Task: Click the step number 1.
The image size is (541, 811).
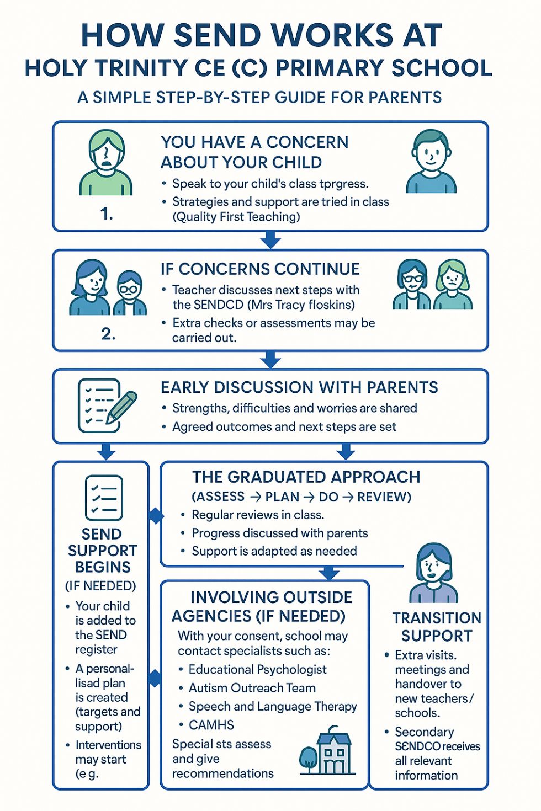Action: (x=107, y=214)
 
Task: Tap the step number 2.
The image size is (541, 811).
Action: (x=108, y=334)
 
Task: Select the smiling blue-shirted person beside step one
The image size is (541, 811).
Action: (x=431, y=162)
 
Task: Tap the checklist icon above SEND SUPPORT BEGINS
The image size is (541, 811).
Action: (x=104, y=498)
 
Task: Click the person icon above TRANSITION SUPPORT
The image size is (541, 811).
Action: (x=433, y=573)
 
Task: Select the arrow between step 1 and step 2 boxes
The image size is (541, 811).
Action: (x=270, y=241)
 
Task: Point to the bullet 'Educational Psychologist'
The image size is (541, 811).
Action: (x=257, y=669)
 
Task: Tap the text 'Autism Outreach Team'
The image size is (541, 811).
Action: (x=252, y=688)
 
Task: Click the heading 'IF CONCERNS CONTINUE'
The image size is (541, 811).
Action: (x=260, y=269)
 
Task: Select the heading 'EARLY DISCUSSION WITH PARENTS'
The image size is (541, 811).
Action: (x=299, y=387)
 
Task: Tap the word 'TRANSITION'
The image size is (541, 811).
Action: (x=437, y=618)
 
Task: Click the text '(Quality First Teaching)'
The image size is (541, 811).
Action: (x=236, y=217)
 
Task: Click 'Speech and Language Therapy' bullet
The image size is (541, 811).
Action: (x=273, y=706)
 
